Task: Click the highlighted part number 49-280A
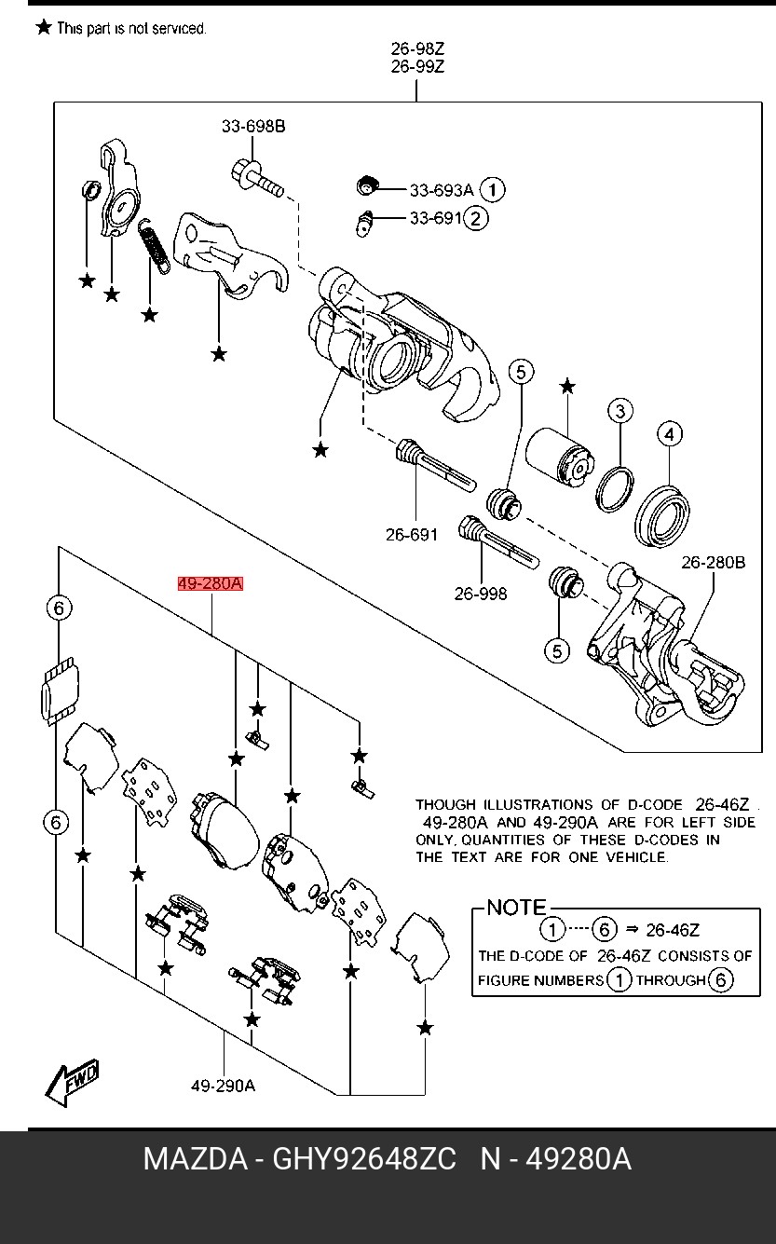point(211,584)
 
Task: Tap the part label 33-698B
point(253,127)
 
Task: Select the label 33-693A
point(442,190)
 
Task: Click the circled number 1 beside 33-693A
point(493,190)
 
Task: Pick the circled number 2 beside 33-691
point(475,219)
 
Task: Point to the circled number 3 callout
point(620,411)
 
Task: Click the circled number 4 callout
point(669,433)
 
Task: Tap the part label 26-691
point(411,535)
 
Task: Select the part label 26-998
point(481,594)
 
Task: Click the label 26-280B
point(713,563)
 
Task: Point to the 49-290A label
point(223,1086)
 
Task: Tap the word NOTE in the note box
point(517,907)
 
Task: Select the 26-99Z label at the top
point(416,67)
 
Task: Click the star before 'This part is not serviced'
point(43,27)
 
